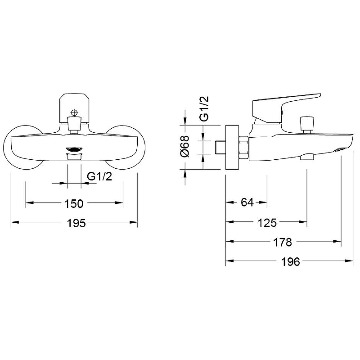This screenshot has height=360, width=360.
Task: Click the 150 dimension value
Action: click(74, 204)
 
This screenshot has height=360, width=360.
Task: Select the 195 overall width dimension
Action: click(76, 223)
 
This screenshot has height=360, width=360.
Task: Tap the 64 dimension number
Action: click(247, 202)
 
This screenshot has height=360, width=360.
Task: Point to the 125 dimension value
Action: click(267, 223)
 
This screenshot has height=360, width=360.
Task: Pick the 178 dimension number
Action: click(283, 242)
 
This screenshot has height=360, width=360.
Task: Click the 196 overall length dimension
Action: click(290, 262)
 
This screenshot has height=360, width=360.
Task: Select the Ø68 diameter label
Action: click(185, 146)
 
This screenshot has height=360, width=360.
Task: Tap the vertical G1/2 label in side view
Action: click(204, 108)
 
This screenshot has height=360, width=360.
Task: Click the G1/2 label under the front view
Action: click(99, 176)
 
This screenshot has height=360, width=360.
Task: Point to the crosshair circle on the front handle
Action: click(74, 113)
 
